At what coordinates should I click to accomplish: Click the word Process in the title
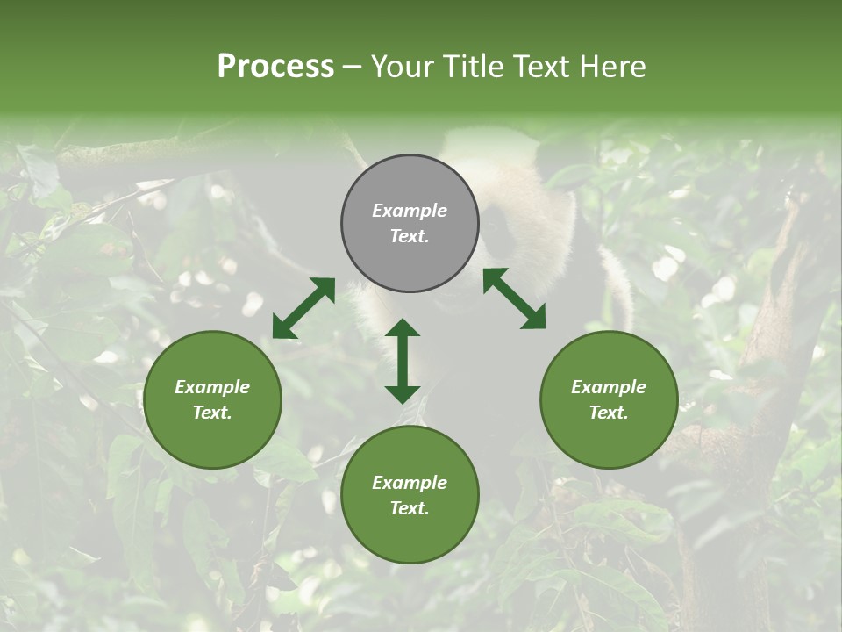coord(275,67)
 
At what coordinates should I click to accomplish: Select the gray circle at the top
coord(410,224)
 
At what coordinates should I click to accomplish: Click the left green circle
coord(212,400)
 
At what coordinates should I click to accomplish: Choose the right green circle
coord(609,400)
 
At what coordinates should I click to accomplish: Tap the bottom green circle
coord(410,496)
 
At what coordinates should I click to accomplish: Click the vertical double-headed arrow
coord(403,361)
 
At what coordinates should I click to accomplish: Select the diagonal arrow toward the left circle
coord(303,308)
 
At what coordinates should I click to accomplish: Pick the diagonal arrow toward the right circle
coord(515,299)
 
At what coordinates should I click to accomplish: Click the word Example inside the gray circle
coord(410,211)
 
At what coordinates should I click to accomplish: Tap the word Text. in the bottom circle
coord(410,508)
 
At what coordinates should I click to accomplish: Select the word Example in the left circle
coord(212,387)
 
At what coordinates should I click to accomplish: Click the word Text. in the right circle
coord(609,413)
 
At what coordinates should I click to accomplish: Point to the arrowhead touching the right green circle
coord(534,319)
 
